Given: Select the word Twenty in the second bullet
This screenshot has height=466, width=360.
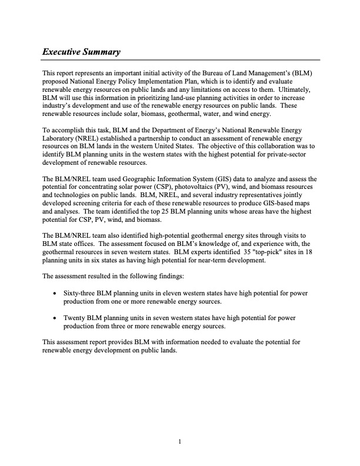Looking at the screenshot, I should click(74, 318).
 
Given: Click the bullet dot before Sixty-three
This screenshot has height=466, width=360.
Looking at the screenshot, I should click(55, 293).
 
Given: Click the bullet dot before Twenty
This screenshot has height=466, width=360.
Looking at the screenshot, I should click(55, 318).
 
